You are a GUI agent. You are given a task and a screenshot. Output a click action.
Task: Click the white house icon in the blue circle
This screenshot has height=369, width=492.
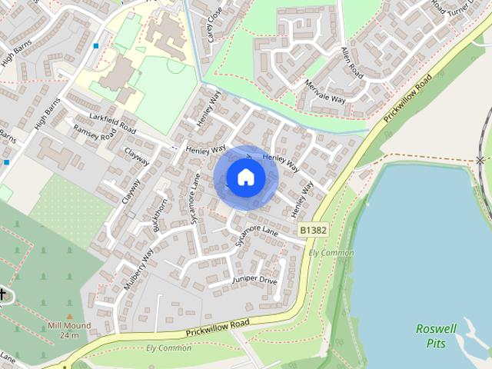coord(245,177)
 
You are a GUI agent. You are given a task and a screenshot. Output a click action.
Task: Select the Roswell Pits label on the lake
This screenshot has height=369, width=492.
coord(436,336)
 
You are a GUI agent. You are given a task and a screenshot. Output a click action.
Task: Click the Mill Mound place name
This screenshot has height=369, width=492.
coord(69,326)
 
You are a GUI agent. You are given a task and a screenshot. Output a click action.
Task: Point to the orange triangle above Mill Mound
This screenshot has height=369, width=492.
coord(70,315)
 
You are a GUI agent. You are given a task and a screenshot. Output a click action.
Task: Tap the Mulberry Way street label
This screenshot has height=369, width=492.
coord(138,268)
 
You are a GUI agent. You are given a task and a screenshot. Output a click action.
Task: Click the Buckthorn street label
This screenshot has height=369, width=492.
coord(160,218)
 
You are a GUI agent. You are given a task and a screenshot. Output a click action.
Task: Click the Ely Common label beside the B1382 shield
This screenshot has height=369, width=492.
coord(331,253)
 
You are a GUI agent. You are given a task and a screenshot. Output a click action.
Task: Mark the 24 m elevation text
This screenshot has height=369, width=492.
coord(69,336)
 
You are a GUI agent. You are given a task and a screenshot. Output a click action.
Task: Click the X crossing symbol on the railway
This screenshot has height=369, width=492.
coord(480,160)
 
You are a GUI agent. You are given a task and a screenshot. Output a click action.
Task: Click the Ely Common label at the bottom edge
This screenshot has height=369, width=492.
coord(169,348)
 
